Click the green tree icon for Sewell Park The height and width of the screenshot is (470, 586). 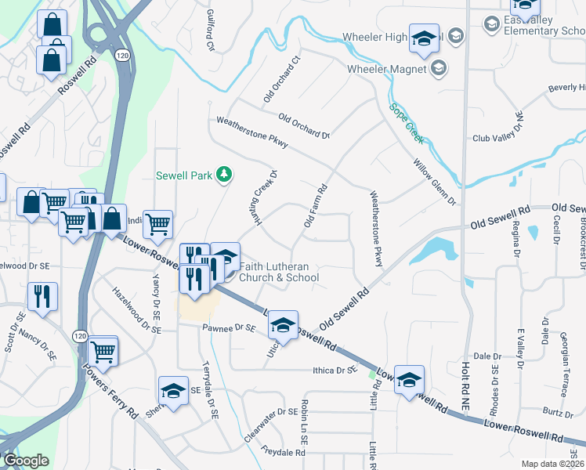coord(225,174)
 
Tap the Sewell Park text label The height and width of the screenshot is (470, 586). coord(184,175)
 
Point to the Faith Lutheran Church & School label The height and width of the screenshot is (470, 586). coord(279,271)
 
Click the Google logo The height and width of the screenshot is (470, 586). coord(25,461)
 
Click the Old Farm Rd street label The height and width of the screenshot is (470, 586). coord(315,207)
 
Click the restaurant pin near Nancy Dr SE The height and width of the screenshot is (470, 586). coord(42,296)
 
